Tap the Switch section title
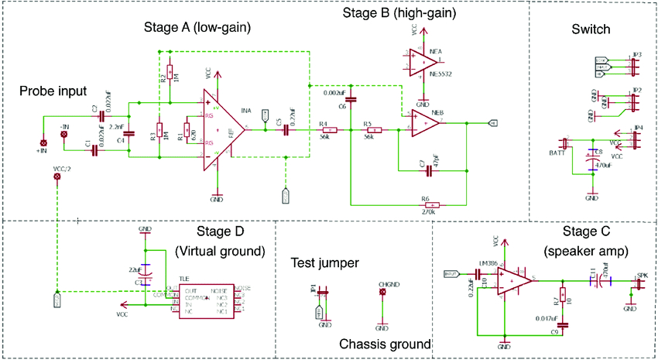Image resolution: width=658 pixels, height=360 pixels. (591, 30)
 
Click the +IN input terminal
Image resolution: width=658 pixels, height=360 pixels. (44, 143)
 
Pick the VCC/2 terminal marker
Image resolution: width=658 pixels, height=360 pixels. (56, 177)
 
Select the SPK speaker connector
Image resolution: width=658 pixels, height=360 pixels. (639, 283)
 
